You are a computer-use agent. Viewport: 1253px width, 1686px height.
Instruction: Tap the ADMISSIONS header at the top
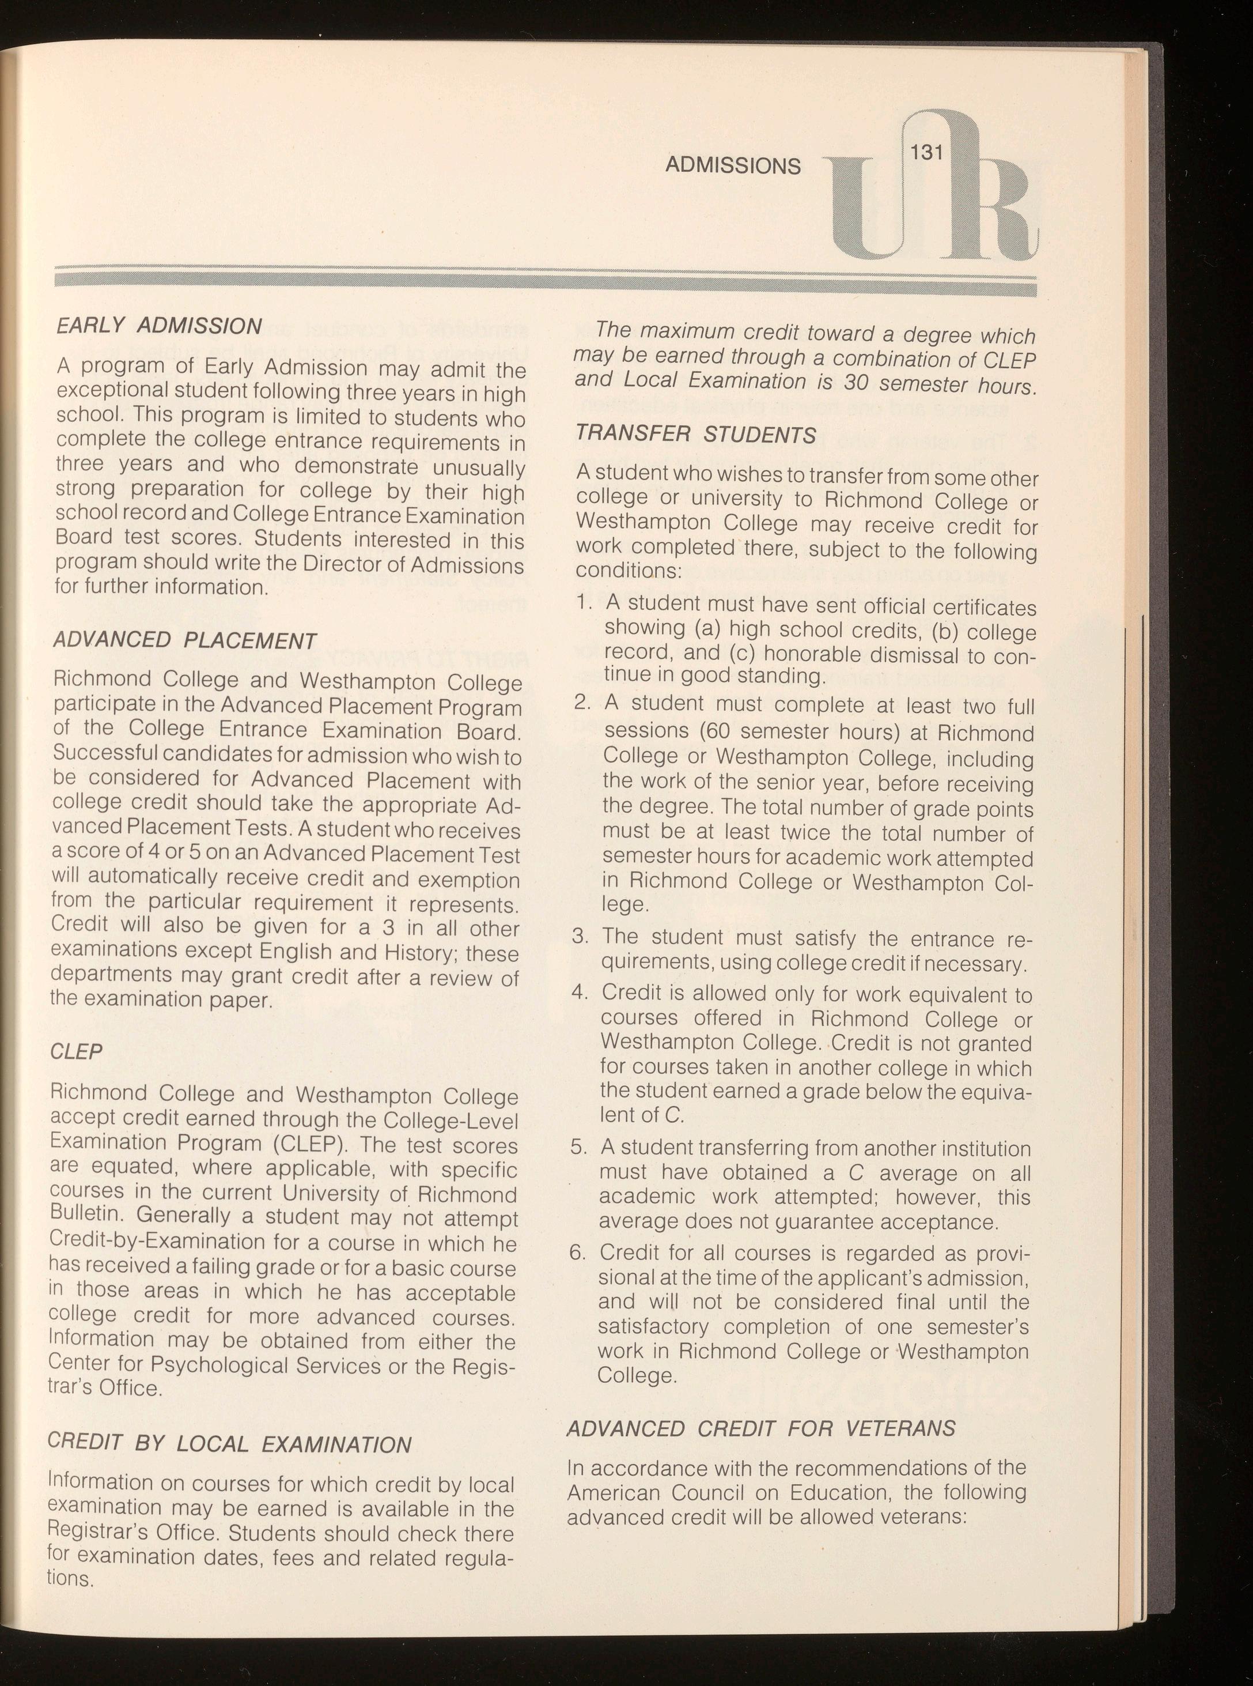[732, 165]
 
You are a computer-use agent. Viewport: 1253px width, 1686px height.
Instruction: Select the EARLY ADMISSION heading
[159, 326]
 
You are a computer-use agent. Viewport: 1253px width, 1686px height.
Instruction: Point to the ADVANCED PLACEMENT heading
[184, 640]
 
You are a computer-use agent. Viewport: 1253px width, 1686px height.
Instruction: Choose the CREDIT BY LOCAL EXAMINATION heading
[229, 1442]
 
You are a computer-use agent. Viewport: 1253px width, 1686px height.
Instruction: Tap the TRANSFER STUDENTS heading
[695, 434]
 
